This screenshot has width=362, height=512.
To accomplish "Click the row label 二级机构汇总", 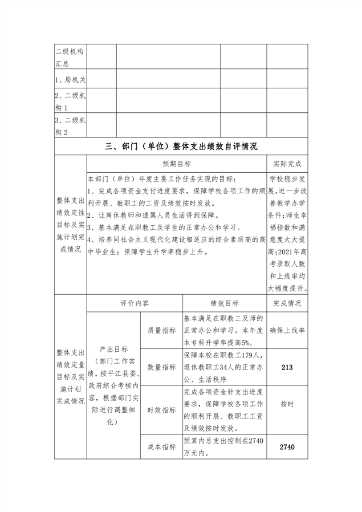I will (70, 57).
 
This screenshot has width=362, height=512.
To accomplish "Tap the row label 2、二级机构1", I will (70, 101).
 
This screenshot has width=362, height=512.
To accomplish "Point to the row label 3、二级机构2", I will (70, 127).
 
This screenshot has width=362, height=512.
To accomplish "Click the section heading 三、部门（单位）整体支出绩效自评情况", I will (181, 146).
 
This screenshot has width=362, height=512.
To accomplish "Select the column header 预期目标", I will (177, 164).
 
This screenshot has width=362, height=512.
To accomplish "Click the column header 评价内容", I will (135, 303).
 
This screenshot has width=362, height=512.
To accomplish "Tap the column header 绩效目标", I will (224, 303).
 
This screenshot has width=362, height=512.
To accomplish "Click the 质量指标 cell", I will (161, 330).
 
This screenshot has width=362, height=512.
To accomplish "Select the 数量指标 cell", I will (161, 367).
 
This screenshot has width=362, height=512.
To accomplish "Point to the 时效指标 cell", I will (161, 410).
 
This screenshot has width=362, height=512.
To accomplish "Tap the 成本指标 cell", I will (161, 448).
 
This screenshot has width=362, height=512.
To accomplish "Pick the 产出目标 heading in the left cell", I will (113, 349).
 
